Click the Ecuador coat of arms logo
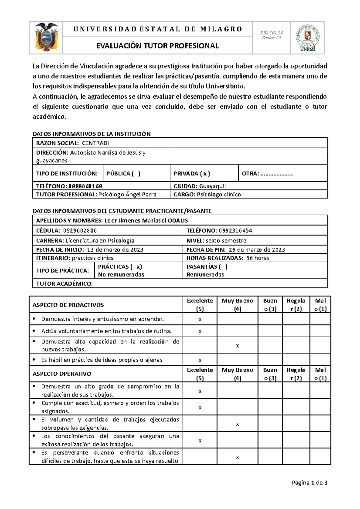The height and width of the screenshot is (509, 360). tap(46, 37)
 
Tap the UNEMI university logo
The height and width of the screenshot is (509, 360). tap(307, 38)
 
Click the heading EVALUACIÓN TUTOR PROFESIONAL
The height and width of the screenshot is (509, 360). tap(157, 46)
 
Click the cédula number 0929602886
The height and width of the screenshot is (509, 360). tap(79, 231)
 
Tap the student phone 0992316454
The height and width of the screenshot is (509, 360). tap(235, 231)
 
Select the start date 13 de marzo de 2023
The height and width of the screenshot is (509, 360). tap(115, 250)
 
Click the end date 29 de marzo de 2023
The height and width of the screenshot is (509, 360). tap(256, 250)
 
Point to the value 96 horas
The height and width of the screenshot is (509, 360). tap(257, 258)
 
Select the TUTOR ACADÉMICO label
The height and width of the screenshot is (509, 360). tap(64, 284)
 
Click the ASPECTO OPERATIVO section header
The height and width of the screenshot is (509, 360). tap(62, 374)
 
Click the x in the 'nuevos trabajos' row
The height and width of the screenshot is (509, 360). tap(237, 346)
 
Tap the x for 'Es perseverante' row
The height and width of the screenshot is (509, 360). tap(237, 457)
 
